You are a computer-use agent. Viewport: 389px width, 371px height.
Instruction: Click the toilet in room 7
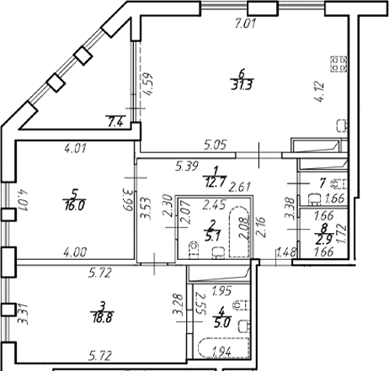click(x=334, y=183)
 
